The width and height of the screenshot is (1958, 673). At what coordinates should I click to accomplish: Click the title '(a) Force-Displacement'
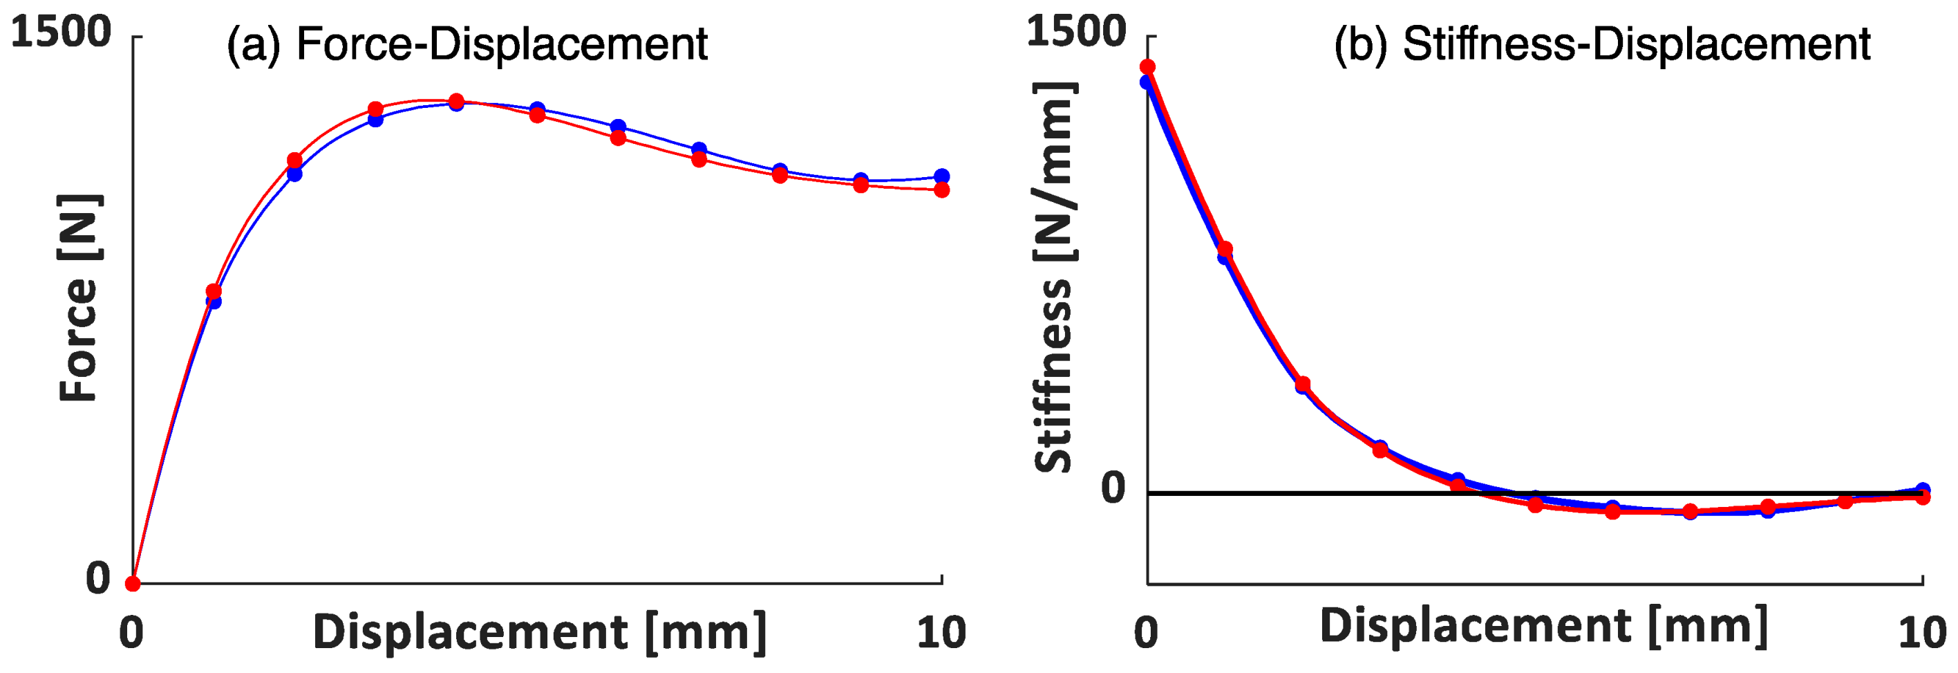point(467,44)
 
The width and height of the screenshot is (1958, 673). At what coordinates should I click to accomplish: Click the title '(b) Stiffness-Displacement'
point(1601,44)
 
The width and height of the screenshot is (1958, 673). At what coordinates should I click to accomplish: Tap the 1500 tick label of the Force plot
point(61,32)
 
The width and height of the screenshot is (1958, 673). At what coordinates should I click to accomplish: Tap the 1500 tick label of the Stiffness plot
point(1075,32)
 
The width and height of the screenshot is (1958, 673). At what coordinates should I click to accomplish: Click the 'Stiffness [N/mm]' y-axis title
point(1053,277)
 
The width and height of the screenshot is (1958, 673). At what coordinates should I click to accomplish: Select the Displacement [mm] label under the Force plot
point(540,632)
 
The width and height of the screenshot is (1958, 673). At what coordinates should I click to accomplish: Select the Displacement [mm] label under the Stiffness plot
point(1543,626)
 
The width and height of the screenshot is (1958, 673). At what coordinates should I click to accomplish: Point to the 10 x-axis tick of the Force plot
point(941,632)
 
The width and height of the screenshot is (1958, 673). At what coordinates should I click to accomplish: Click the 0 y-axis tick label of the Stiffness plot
point(1113,488)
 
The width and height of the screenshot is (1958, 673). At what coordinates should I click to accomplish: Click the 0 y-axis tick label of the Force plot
point(98,578)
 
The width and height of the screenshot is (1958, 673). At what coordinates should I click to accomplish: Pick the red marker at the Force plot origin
point(133,584)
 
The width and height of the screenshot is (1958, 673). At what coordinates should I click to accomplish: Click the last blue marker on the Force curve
point(942,176)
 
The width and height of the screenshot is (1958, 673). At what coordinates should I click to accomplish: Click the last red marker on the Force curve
point(942,190)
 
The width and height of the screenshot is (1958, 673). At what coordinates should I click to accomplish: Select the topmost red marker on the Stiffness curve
point(1148,67)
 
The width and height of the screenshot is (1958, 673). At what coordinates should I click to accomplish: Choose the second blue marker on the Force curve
point(295,174)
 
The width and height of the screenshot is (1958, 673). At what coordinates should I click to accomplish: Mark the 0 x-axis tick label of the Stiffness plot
point(1145,632)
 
